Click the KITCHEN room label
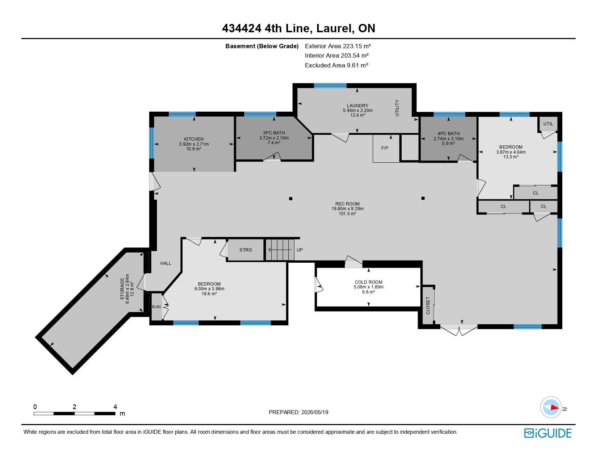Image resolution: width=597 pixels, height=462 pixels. click(x=194, y=139)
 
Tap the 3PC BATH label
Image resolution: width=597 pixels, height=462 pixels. click(x=274, y=133)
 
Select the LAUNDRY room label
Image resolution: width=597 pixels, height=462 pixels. click(x=357, y=106)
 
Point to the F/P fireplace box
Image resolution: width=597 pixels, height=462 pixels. click(x=386, y=148)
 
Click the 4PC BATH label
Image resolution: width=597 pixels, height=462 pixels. click(x=448, y=134)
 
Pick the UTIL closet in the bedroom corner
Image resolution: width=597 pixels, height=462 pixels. click(x=548, y=124)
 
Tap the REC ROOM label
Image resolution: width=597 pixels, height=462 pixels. click(x=347, y=204)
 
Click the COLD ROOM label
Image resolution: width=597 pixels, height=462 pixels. click(x=368, y=282)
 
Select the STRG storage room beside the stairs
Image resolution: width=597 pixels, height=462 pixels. click(x=246, y=250)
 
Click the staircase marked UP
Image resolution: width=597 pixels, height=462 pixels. click(x=280, y=250)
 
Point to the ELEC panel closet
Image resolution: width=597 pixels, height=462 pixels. click(x=157, y=307)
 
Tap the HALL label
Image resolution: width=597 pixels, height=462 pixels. click(x=166, y=263)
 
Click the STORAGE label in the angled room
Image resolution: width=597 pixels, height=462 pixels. click(x=122, y=289)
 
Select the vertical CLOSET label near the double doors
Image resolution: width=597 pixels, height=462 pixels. click(x=428, y=305)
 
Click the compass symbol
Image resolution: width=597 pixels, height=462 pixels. click(x=551, y=407)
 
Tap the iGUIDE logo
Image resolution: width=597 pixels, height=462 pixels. click(x=547, y=433)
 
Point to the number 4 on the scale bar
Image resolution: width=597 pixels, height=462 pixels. click(x=115, y=407)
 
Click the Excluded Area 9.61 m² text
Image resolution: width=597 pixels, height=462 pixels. click(x=336, y=65)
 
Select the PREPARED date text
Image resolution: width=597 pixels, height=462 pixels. click(x=298, y=412)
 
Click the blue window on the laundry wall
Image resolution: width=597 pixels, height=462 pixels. click(x=330, y=86)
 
